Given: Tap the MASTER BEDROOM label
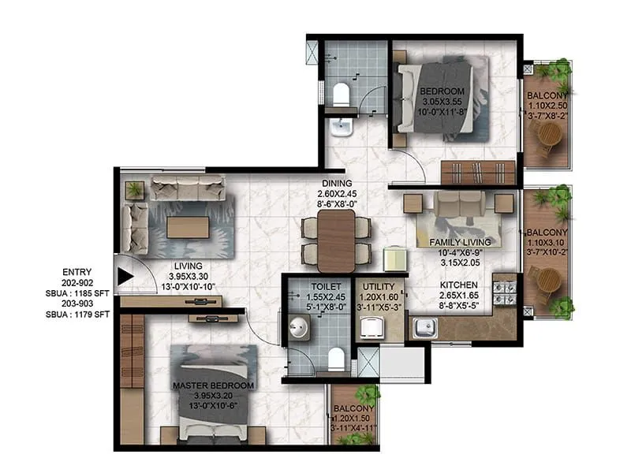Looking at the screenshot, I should click(x=212, y=385).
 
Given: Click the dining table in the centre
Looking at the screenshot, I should click(x=337, y=240).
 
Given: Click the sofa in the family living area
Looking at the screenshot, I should click(x=460, y=206).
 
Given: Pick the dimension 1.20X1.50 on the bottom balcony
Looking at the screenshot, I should click(x=353, y=418).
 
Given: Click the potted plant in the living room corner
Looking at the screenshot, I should click(x=135, y=189).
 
